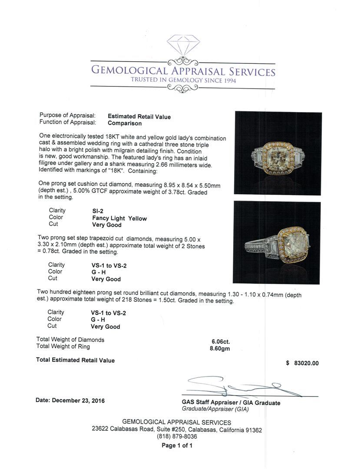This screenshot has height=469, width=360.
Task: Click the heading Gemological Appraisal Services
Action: point(182,71)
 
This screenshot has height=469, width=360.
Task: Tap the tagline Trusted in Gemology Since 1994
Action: point(182,80)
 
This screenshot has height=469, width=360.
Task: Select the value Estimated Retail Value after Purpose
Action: point(139,116)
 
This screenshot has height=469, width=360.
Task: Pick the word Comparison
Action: point(125,123)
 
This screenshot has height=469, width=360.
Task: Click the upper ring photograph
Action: point(278,153)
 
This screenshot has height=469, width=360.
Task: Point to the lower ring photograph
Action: point(277,242)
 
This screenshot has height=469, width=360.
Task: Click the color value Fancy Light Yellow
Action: point(119,218)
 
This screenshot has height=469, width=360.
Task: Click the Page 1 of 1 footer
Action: point(177,446)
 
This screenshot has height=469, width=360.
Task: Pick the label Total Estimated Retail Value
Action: point(75,360)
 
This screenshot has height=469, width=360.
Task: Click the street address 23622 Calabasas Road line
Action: point(177,430)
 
